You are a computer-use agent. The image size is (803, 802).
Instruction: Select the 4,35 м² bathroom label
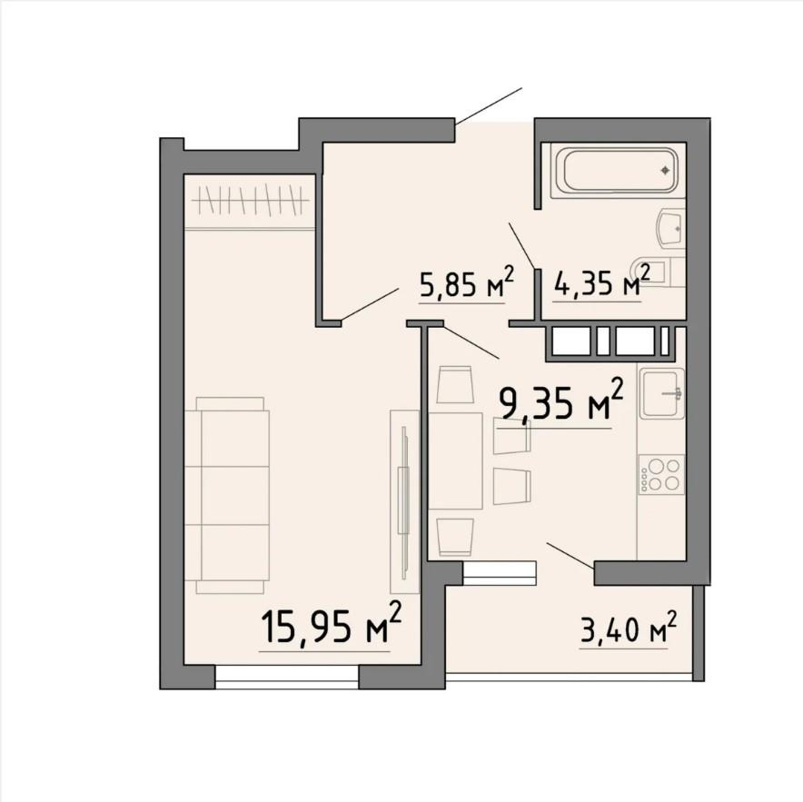pos(601,281)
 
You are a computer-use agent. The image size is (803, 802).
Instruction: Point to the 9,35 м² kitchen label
pos(561,401)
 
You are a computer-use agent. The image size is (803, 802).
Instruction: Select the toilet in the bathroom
pos(659,272)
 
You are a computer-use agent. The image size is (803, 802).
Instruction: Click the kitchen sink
pos(661,392)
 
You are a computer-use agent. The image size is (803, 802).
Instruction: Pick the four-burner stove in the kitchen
pos(661,475)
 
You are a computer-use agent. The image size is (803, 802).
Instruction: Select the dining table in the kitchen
pos(456,460)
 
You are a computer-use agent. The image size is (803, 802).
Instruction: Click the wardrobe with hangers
pos(250,202)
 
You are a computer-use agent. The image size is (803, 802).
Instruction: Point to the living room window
pos(287,677)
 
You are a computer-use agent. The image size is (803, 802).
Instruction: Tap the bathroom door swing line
pos(522,246)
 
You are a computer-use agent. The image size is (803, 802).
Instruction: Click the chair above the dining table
pos(454,384)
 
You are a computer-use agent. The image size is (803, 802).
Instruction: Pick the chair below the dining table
pos(454,537)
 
